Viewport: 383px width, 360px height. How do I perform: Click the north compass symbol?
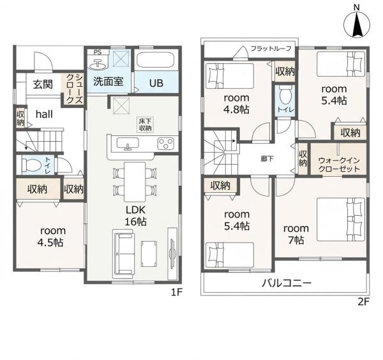coord(357,25)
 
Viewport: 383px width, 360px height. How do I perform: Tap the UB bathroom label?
coord(156,83)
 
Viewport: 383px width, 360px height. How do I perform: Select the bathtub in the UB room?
coord(154,61)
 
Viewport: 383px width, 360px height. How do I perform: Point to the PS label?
coord(98,52)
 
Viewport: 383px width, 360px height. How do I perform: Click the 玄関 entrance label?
coord(43,84)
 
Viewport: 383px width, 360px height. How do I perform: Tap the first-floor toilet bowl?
coord(31,165)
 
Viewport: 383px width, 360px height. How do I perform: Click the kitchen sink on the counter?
coord(128,143)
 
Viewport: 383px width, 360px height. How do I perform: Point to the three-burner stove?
coord(165,144)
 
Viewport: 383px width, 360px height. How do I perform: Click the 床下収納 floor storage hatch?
coord(145,125)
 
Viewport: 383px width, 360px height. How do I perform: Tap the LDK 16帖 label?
coord(135,216)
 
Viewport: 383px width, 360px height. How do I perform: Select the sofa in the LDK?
coord(124,254)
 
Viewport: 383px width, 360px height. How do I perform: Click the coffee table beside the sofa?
coord(149,253)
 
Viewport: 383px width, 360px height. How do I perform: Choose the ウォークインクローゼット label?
coord(339,165)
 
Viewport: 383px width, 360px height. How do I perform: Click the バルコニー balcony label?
coord(287,283)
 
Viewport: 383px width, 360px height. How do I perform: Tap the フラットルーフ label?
coord(271,49)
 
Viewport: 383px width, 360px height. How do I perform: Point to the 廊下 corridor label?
coord(267,159)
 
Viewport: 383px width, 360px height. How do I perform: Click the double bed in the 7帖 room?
coord(341,220)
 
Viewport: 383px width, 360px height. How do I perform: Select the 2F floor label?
coord(363,302)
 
